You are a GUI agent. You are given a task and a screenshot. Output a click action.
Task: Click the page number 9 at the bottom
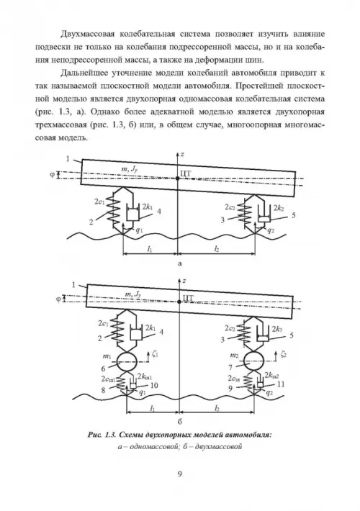(x=180, y=474)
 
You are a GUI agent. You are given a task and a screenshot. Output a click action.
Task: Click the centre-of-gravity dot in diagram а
(x=177, y=178)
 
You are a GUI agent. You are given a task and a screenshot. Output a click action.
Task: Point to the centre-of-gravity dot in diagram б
(x=180, y=302)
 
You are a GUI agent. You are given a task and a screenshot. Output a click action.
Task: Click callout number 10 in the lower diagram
(x=154, y=385)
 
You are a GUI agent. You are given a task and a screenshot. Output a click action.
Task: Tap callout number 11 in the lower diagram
(x=280, y=384)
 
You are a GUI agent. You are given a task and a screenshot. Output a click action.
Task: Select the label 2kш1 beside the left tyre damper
(x=145, y=376)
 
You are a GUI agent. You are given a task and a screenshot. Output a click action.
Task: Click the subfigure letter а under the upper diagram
(x=180, y=263)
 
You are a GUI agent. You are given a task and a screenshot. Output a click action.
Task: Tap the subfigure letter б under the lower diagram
(x=180, y=422)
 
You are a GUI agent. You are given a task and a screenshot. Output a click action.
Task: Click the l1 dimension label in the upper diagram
(x=150, y=249)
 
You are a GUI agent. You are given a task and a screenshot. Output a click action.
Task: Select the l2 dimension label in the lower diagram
(x=217, y=408)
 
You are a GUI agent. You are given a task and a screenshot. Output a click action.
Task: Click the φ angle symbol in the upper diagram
(x=52, y=175)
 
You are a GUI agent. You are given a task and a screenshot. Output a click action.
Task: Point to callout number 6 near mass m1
(x=103, y=368)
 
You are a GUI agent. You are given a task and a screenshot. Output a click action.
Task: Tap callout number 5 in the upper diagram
(x=294, y=215)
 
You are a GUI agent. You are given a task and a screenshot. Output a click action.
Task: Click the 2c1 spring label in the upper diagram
(x=99, y=202)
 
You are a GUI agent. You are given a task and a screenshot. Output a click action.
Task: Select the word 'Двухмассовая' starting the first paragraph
(x=86, y=35)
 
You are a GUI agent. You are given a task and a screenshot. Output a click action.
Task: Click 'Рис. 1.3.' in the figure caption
(x=101, y=435)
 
